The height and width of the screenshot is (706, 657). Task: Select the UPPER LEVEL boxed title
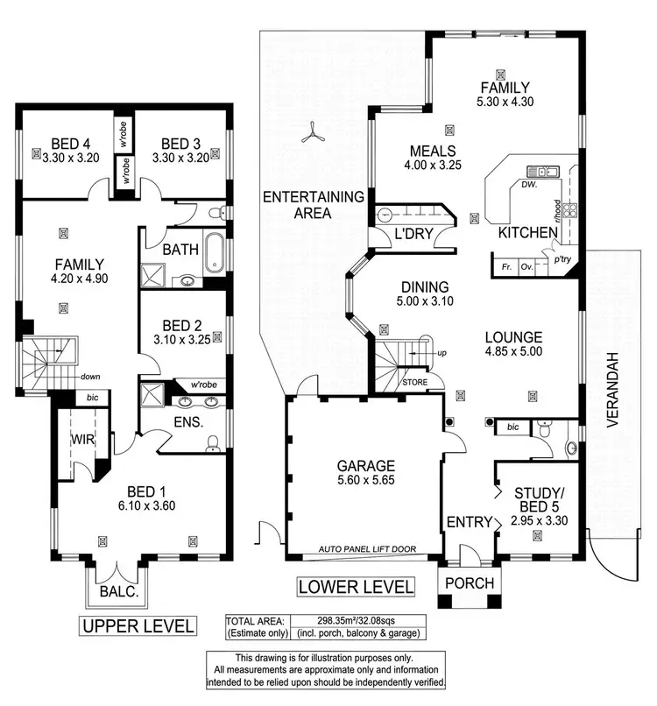click(137, 625)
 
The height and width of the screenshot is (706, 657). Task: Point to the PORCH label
click(470, 583)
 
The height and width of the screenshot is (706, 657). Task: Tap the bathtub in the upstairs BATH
click(214, 252)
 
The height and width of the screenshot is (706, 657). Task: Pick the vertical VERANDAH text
click(613, 390)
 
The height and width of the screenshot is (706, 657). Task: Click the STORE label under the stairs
click(414, 383)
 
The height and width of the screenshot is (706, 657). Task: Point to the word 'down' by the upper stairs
click(90, 377)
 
